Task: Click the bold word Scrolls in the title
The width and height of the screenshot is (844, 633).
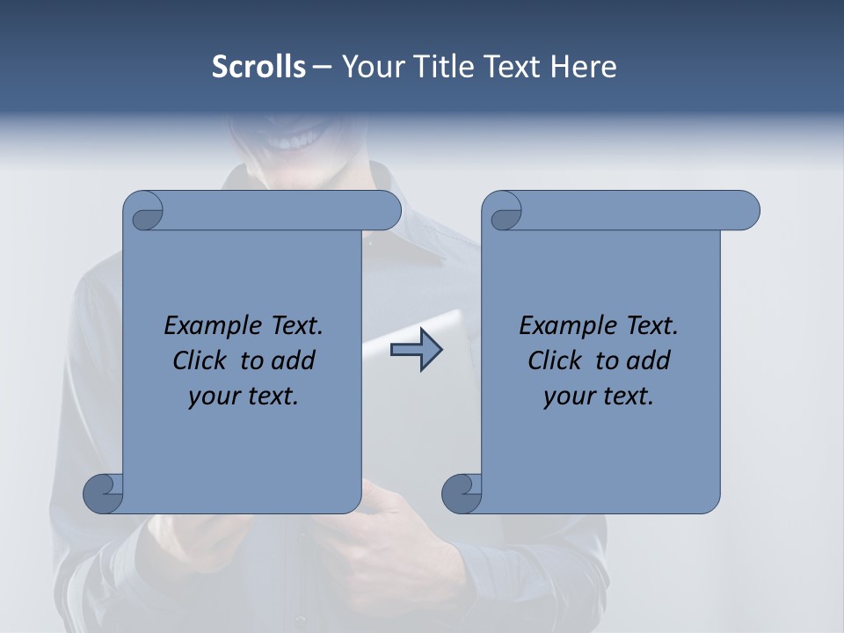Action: coord(258,67)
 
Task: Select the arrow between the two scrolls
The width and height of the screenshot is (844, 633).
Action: coord(416,350)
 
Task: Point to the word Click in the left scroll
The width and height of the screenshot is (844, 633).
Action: coord(202,360)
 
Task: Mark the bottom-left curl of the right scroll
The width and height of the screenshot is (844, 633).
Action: coord(462,493)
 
